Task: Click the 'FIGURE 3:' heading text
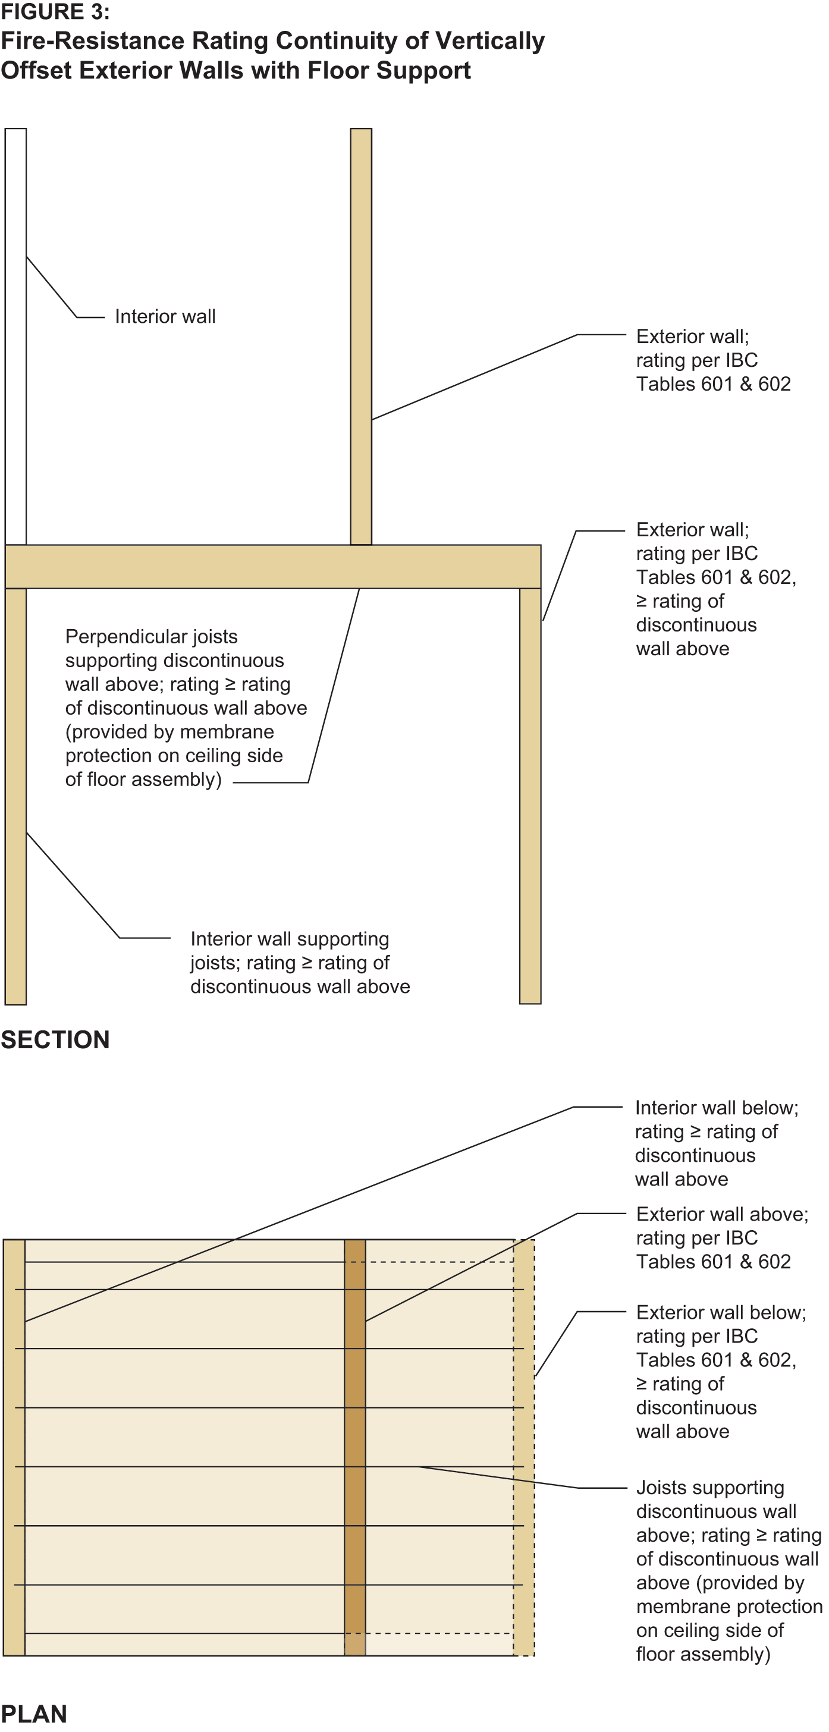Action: tap(55, 11)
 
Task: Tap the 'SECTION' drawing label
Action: tap(55, 1039)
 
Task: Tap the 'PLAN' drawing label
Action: tap(34, 1714)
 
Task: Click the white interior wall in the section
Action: tap(15, 336)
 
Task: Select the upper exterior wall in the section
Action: tap(361, 336)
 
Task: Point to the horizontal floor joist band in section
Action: tap(273, 567)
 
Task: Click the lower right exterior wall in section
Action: tap(530, 796)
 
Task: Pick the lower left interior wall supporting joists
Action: tap(15, 797)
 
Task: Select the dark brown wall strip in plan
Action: tap(355, 1447)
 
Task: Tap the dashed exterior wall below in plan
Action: tap(524, 1447)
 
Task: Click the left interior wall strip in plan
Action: tap(14, 1447)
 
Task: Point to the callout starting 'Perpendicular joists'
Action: tap(186, 708)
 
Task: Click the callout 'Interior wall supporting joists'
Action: tap(300, 962)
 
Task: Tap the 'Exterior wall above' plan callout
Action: tap(722, 1237)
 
